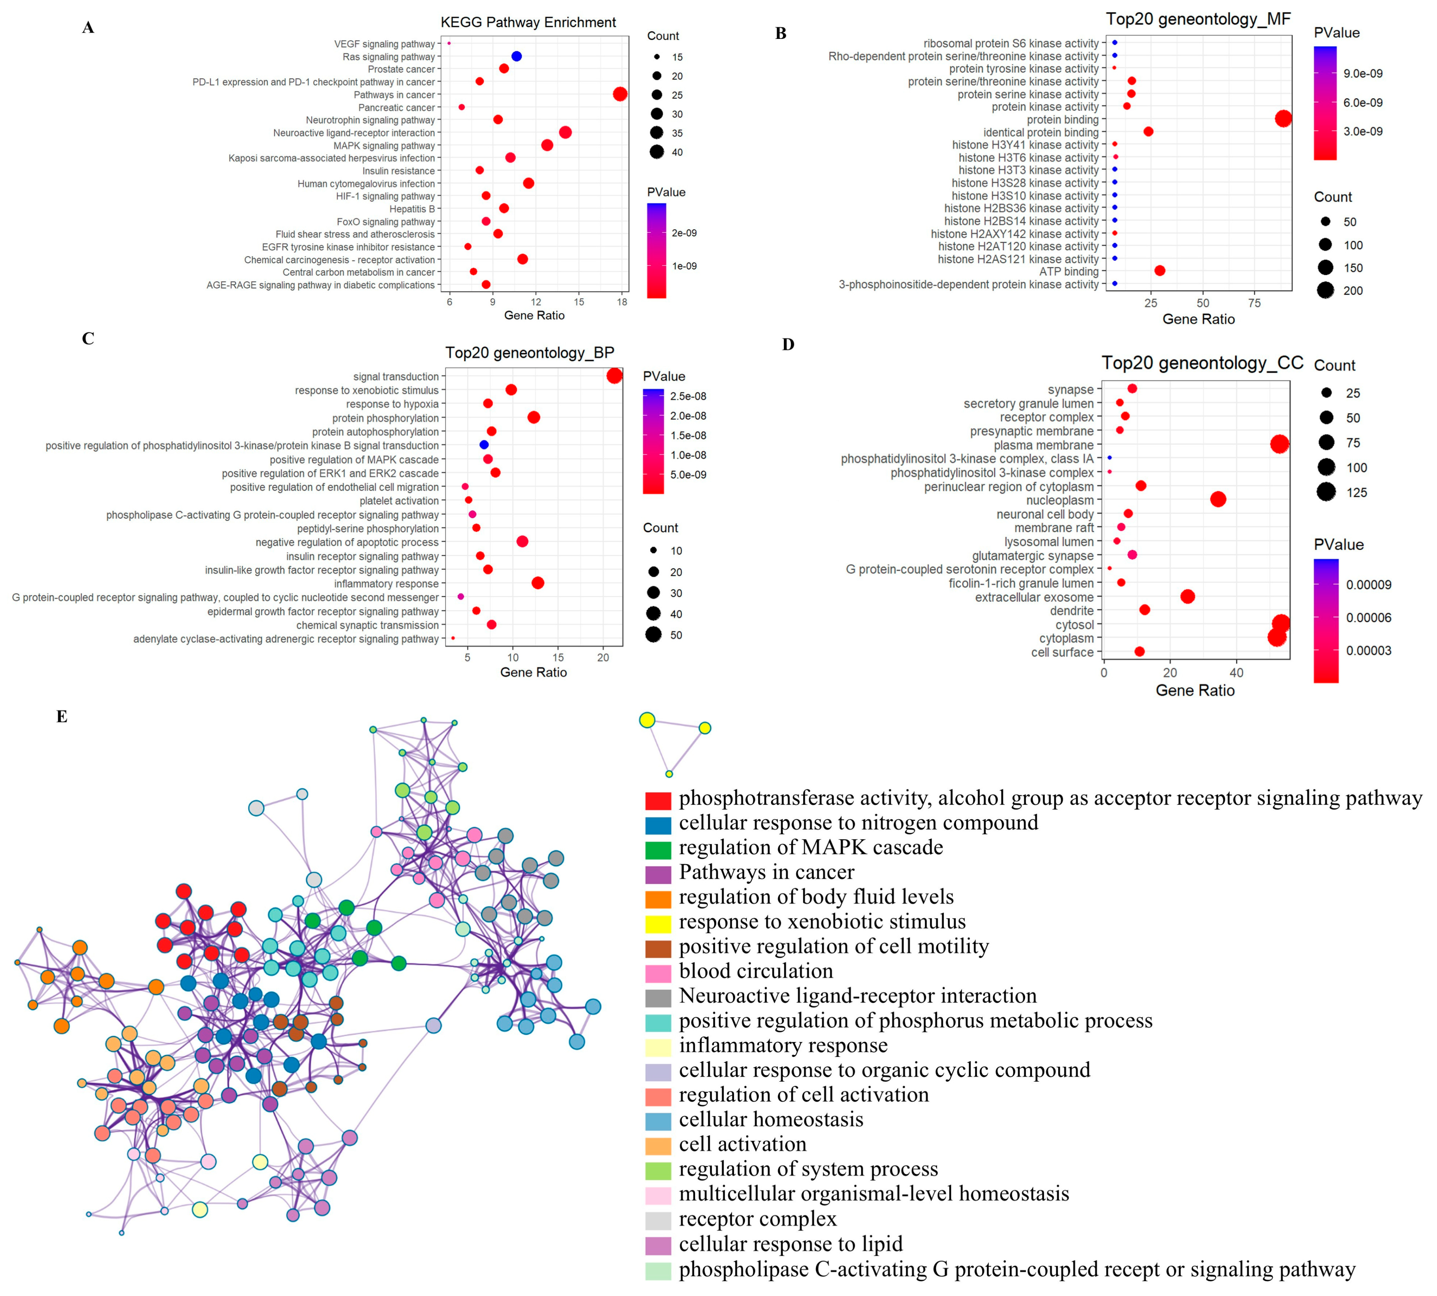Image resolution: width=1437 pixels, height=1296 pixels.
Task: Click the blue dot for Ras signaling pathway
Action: pos(516,56)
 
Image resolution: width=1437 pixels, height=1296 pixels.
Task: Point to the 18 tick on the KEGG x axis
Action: pos(622,302)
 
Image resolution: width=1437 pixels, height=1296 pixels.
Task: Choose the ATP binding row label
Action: pos(1069,271)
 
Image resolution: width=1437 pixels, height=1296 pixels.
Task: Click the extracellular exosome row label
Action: pos(1034,597)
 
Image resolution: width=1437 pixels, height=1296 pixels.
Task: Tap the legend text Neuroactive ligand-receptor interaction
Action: pos(858,996)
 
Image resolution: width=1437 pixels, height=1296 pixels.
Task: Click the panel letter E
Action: pos(62,716)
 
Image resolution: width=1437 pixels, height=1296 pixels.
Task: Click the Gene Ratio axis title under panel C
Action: pos(533,672)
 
